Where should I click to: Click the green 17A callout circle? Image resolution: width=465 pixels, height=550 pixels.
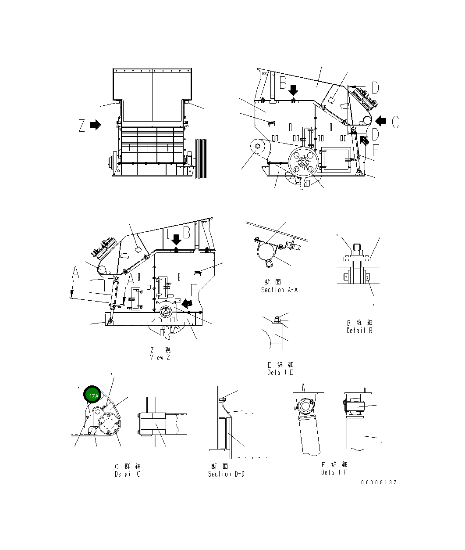[92, 395]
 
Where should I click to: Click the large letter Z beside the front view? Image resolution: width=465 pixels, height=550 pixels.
[82, 126]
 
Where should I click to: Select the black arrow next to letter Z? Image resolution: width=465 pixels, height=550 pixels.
[96, 125]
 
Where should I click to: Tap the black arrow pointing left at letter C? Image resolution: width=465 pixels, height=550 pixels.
[380, 120]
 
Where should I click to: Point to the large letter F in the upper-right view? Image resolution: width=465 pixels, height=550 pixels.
[376, 151]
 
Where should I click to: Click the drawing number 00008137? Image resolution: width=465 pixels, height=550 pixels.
[379, 482]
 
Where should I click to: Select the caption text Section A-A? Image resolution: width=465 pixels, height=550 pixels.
[279, 290]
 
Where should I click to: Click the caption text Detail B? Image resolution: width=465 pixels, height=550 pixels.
[359, 331]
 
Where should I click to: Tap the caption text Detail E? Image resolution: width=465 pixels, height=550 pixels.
[280, 372]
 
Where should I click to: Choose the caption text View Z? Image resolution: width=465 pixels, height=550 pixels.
[160, 357]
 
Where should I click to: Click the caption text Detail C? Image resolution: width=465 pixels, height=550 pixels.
[128, 474]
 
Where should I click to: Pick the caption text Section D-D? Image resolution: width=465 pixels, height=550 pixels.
[226, 474]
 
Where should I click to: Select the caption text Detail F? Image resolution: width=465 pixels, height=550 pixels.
[334, 472]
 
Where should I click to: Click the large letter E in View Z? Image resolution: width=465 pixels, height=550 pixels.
[194, 290]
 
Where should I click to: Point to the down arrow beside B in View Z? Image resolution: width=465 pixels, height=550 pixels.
[176, 239]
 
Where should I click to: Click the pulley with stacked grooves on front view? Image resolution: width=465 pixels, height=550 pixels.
[201, 158]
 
